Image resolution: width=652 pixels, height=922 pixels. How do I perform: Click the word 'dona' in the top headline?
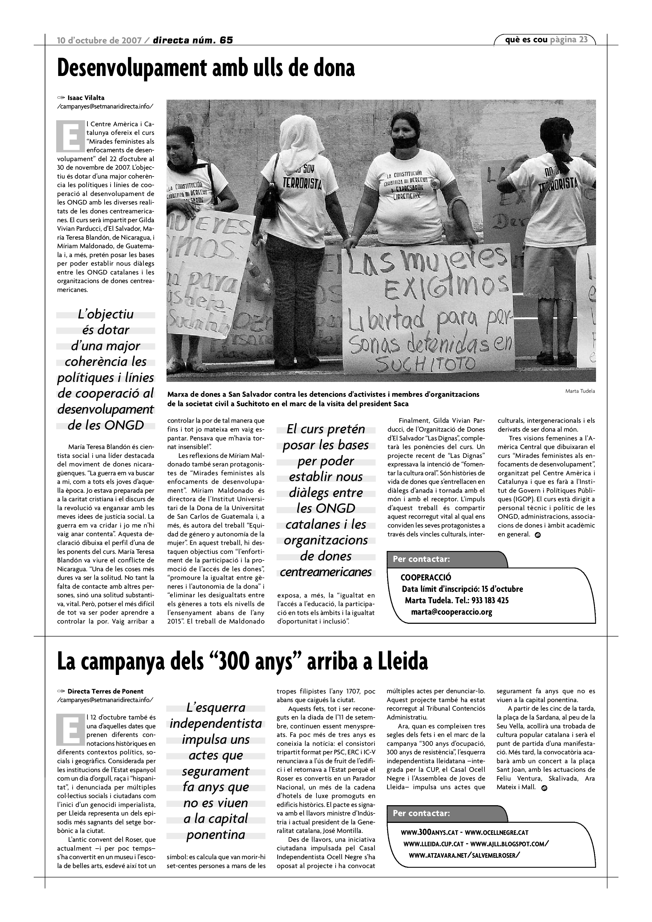tap(333, 68)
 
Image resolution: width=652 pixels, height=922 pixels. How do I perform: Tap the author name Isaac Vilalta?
tap(86, 98)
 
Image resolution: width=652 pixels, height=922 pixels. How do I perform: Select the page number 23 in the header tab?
tap(583, 39)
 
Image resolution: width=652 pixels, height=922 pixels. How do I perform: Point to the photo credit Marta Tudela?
tap(580, 391)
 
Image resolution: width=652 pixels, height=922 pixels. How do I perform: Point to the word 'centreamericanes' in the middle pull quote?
tap(326, 572)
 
